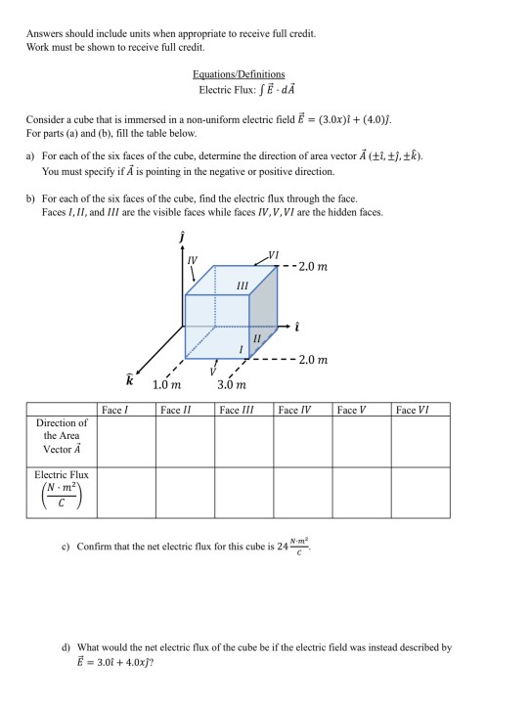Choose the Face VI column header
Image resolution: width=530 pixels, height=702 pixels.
pos(413,411)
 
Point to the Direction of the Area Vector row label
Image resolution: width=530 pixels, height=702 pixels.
pos(62,436)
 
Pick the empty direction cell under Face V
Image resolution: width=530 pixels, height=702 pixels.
pos(362,442)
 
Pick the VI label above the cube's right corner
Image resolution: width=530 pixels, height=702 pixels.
pos(273,255)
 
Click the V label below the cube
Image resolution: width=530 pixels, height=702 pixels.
pos(211,370)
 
